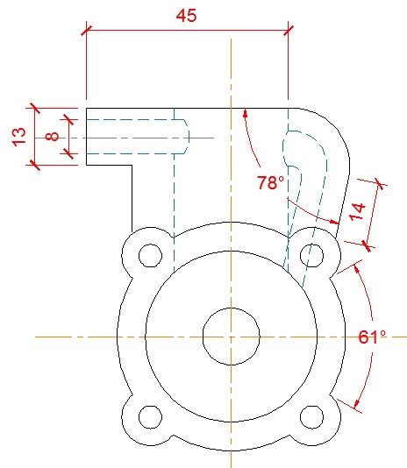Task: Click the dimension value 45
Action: [x=186, y=16]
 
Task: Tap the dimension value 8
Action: [x=52, y=137]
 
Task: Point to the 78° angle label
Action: [x=271, y=183]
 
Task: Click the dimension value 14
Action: [x=357, y=210]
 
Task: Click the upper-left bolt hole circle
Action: [x=151, y=255]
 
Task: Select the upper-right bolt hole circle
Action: [x=311, y=255]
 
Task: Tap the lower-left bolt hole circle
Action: [x=151, y=415]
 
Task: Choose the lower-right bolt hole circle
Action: [x=311, y=415]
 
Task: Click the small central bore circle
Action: [x=231, y=336]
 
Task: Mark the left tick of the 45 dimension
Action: [x=86, y=31]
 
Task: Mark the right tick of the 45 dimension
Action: [x=288, y=31]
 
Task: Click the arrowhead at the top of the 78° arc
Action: [x=246, y=112]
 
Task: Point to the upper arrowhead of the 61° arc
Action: [x=353, y=267]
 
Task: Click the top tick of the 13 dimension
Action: [x=35, y=109]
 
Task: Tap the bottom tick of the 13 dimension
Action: [x=35, y=165]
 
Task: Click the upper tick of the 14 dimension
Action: [x=379, y=183]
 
